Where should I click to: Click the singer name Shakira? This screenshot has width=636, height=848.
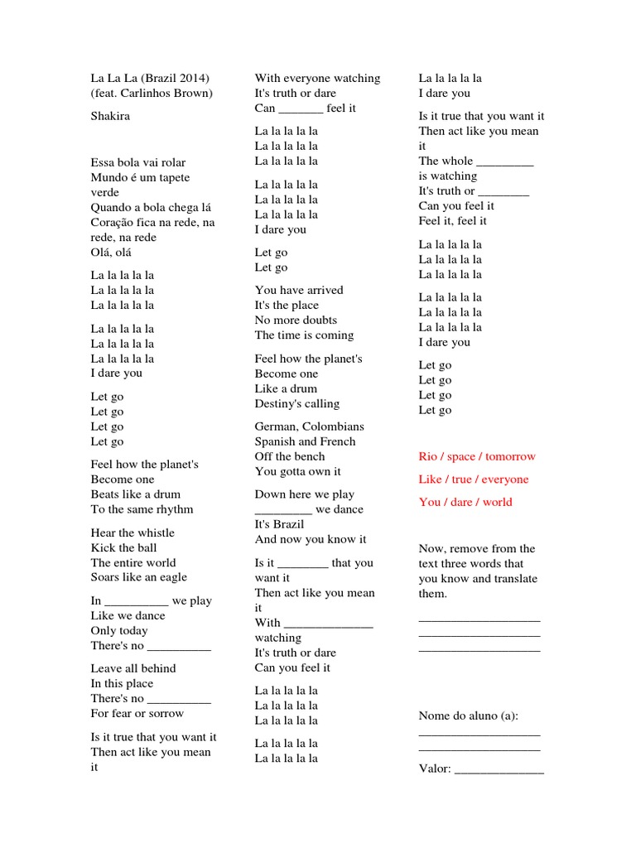(110, 117)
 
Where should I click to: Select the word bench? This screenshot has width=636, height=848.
(310, 457)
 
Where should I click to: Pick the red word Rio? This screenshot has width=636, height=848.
(428, 457)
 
